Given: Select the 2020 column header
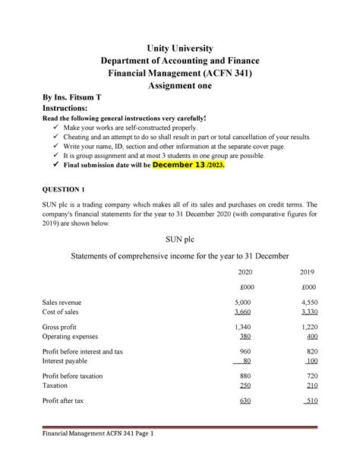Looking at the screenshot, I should point(245,271).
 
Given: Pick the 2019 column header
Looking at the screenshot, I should point(308,271).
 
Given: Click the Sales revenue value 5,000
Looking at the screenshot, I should point(244,303).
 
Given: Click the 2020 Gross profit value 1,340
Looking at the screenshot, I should point(244,327).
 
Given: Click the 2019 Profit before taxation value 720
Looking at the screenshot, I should point(309,376).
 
